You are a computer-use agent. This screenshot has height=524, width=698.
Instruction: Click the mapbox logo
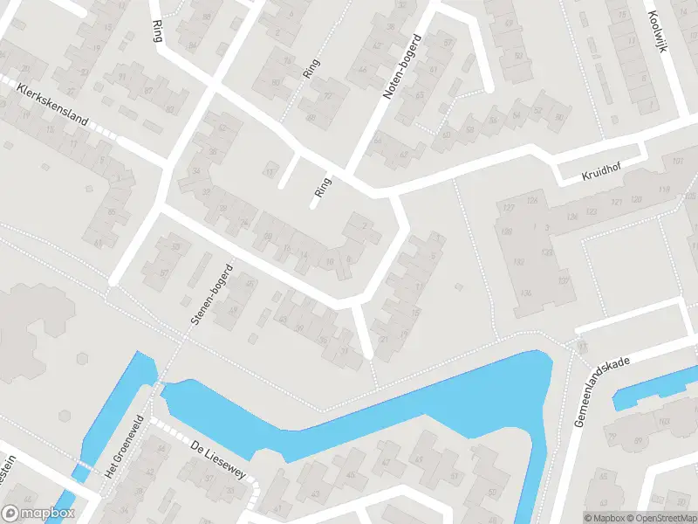click(38, 514)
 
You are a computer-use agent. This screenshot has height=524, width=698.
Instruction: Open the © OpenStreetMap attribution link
click(660, 518)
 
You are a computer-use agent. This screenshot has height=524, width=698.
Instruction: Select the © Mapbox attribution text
click(604, 518)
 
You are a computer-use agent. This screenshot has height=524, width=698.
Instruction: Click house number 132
click(520, 262)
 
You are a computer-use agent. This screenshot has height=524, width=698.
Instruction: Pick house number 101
click(679, 162)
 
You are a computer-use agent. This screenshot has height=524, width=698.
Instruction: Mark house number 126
click(572, 217)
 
